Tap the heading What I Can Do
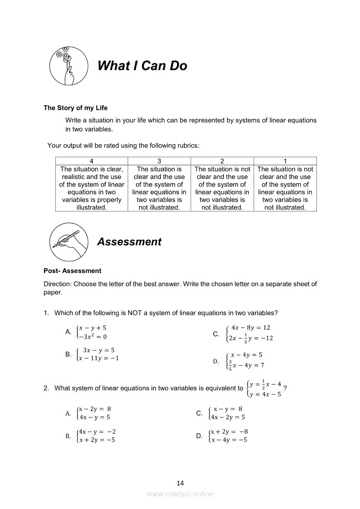click(x=142, y=66)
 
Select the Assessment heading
click(x=129, y=242)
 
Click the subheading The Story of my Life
click(x=75, y=108)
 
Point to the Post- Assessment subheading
click(x=72, y=271)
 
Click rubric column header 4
click(x=92, y=161)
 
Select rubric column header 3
click(x=159, y=161)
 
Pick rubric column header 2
click(x=222, y=161)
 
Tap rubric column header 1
click(x=285, y=161)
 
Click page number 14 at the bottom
click(x=180, y=483)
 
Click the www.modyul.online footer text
click(x=180, y=494)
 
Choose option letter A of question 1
click(x=68, y=332)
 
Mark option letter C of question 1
click(x=216, y=334)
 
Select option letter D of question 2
click(x=199, y=435)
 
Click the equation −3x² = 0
click(x=93, y=336)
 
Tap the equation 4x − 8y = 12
click(x=251, y=327)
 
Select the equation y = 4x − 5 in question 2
click(x=265, y=394)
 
